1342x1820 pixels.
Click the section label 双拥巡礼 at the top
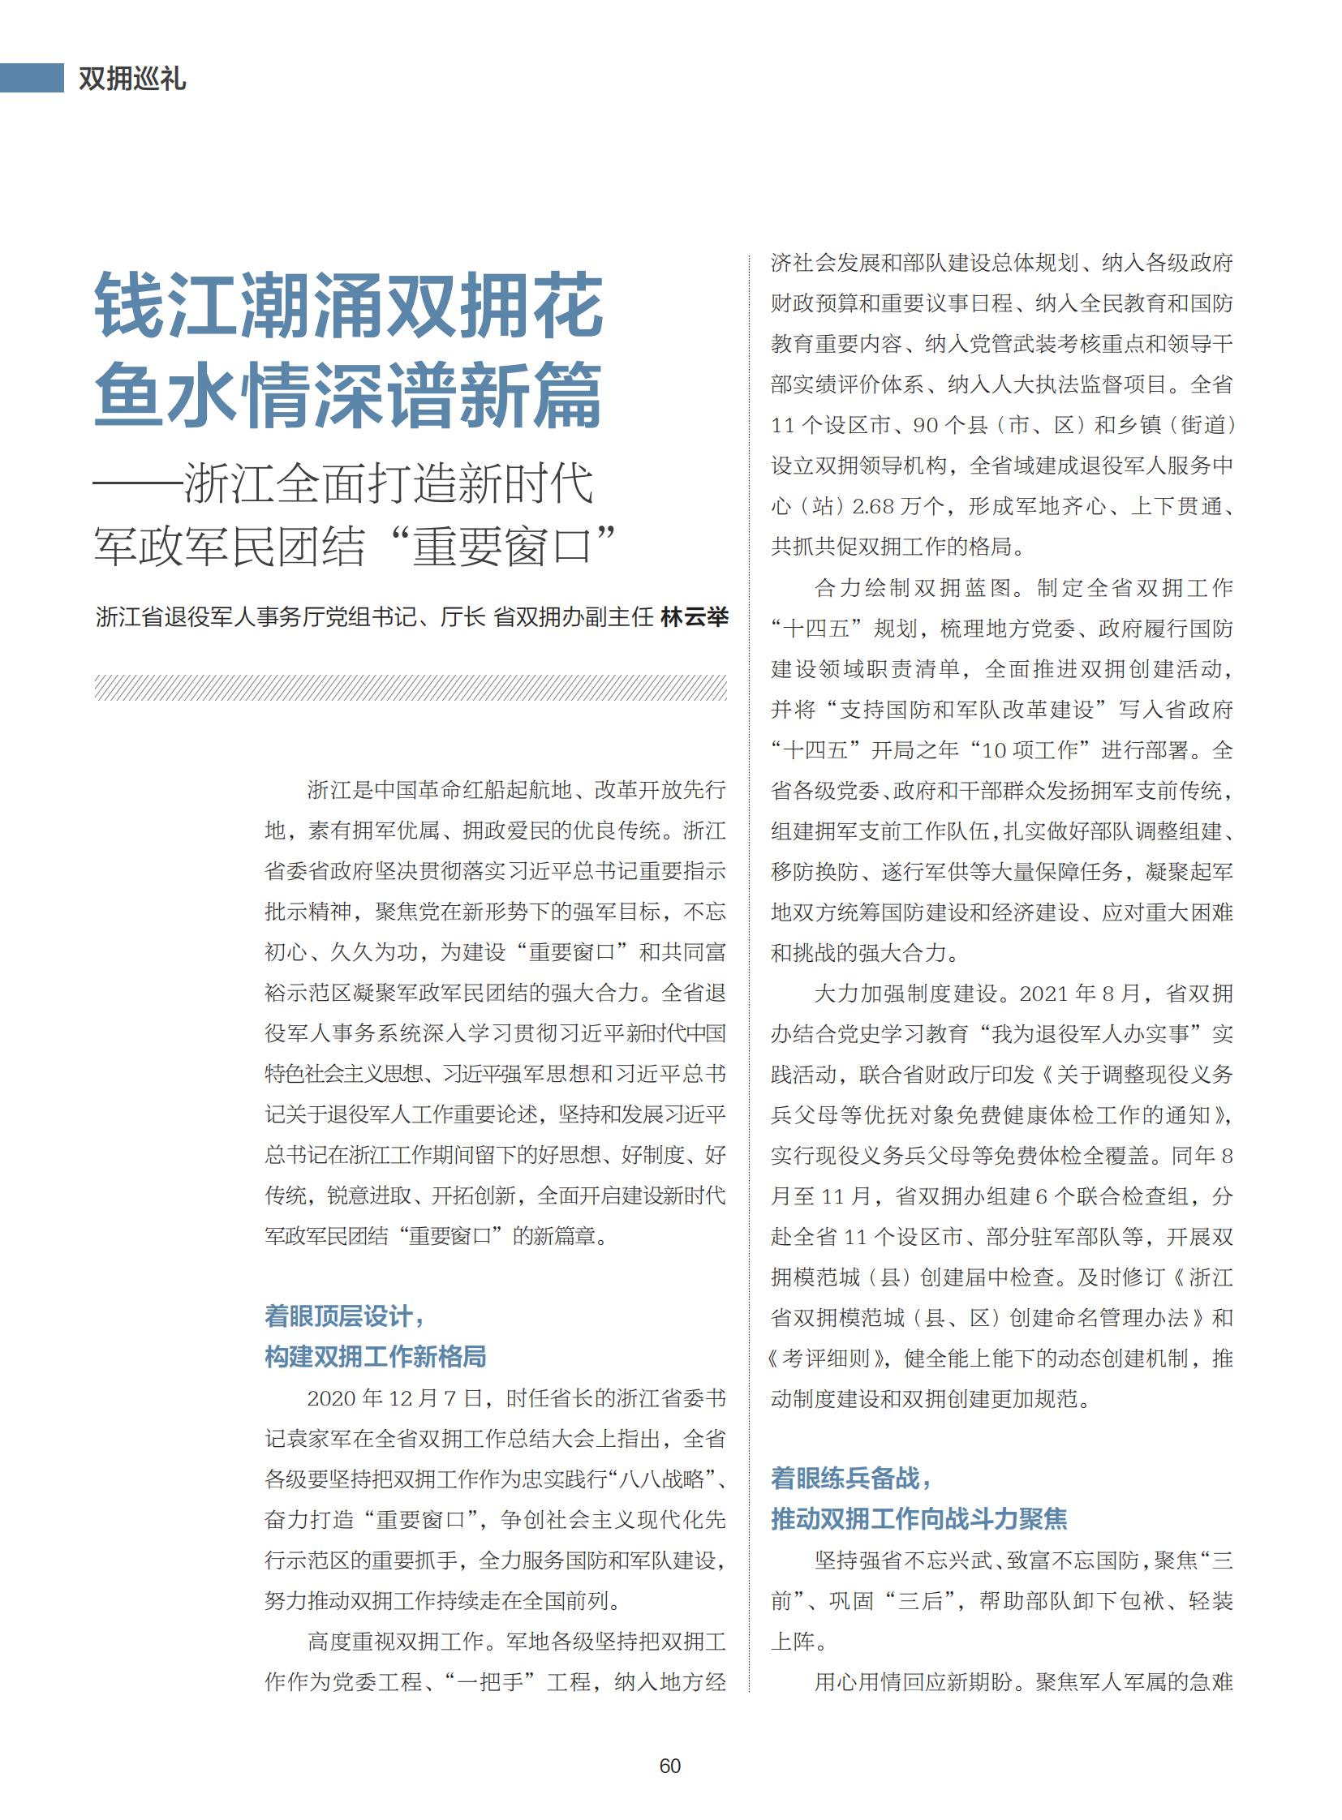point(132,79)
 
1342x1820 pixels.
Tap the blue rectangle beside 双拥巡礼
point(32,78)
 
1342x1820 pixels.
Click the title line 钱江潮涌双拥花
point(350,307)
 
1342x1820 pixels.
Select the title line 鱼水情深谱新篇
point(349,396)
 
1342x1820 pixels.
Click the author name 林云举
point(695,617)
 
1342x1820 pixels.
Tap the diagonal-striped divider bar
point(411,687)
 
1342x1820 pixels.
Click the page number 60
point(670,1766)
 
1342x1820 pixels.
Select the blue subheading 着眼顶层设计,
point(345,1316)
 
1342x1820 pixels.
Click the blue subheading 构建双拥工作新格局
point(376,1357)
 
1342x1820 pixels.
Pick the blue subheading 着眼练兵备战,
point(850,1478)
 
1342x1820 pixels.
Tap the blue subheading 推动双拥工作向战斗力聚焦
point(918,1519)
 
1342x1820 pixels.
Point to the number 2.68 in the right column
point(872,507)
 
